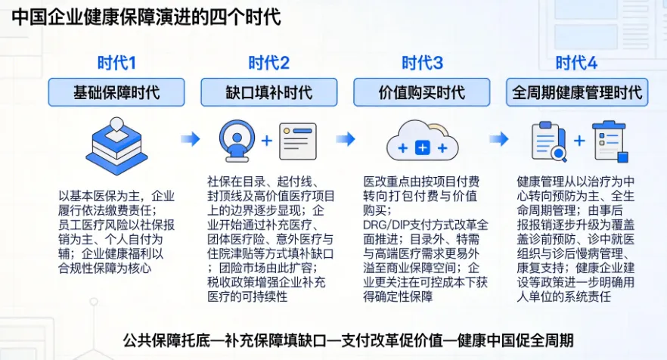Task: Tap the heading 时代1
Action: pos(116,63)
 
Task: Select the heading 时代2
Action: pos(268,63)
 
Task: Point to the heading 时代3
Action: pos(422,63)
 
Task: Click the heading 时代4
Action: pos(576,63)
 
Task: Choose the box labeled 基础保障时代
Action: pos(116,92)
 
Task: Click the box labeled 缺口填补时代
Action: pos(268,92)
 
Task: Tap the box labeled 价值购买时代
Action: pos(422,92)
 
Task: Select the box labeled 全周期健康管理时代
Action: pos(577,92)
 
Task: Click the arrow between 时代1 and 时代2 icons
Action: pos(190,139)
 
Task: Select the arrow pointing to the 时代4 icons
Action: pos(498,139)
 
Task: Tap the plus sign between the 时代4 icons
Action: pos(579,141)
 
